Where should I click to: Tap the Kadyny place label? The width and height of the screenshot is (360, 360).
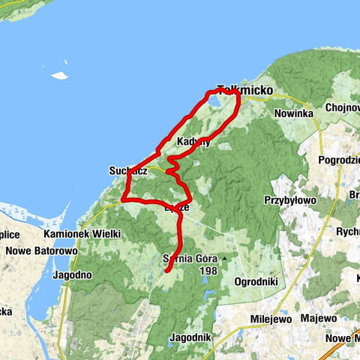(193, 142)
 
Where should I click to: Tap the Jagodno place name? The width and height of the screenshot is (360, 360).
(73, 275)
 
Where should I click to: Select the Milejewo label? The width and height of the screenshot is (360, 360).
(268, 318)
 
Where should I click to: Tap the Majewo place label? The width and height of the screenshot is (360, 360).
(318, 318)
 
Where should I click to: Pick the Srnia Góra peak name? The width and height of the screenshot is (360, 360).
(190, 259)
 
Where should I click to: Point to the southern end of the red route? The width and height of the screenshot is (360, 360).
(166, 270)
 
